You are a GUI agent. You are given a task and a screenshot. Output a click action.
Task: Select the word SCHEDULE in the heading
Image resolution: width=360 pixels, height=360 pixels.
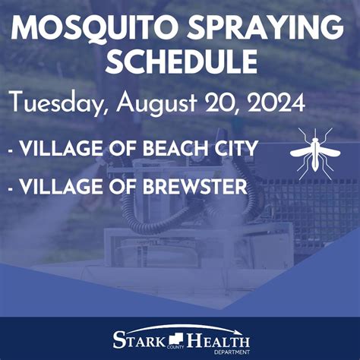tap(180, 62)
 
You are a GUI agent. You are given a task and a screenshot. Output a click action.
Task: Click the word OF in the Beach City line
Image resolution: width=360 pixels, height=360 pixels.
tap(120, 150)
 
